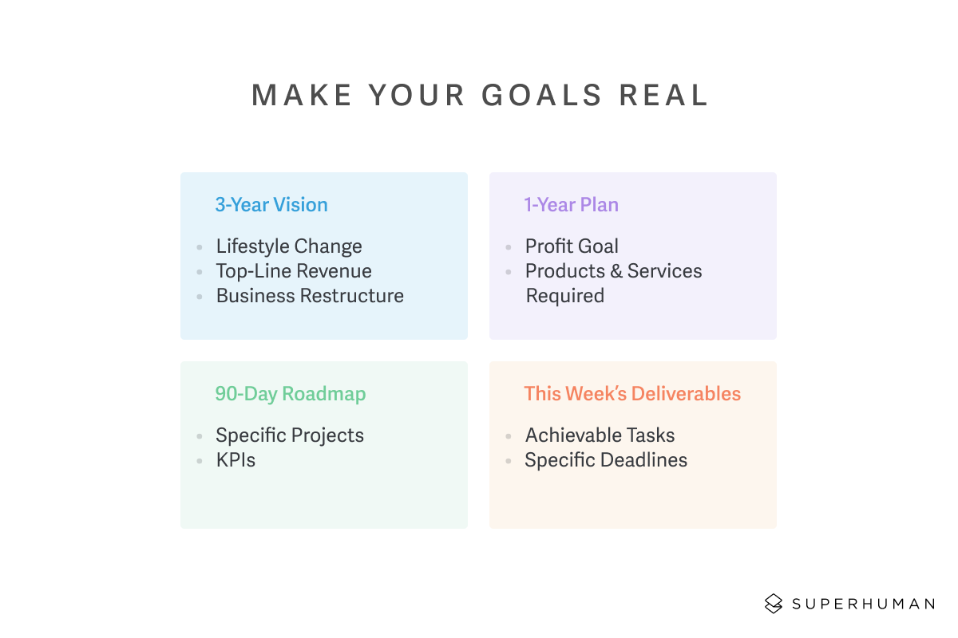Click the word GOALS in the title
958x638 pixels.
[x=542, y=95]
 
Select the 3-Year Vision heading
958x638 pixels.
[x=271, y=205]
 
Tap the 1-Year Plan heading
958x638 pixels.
[x=572, y=205]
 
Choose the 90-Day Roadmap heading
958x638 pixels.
[x=291, y=394]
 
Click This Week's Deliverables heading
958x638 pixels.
[x=632, y=394]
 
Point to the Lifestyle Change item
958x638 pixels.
[x=289, y=246]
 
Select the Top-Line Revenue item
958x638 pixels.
[x=294, y=271]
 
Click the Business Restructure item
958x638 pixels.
[x=310, y=296]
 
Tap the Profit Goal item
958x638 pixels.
[x=572, y=246]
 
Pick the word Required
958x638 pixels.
[x=565, y=296]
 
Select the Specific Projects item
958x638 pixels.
[x=290, y=435]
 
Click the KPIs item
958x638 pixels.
[x=236, y=460]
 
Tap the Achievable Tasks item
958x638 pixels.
[x=600, y=435]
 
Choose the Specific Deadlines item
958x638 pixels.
[x=606, y=460]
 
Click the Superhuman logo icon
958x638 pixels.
[x=774, y=604]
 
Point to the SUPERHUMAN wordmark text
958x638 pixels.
[x=863, y=604]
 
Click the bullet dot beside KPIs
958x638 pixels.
[x=200, y=461]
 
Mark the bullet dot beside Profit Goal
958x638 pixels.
[x=509, y=247]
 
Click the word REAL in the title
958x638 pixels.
[x=664, y=95]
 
